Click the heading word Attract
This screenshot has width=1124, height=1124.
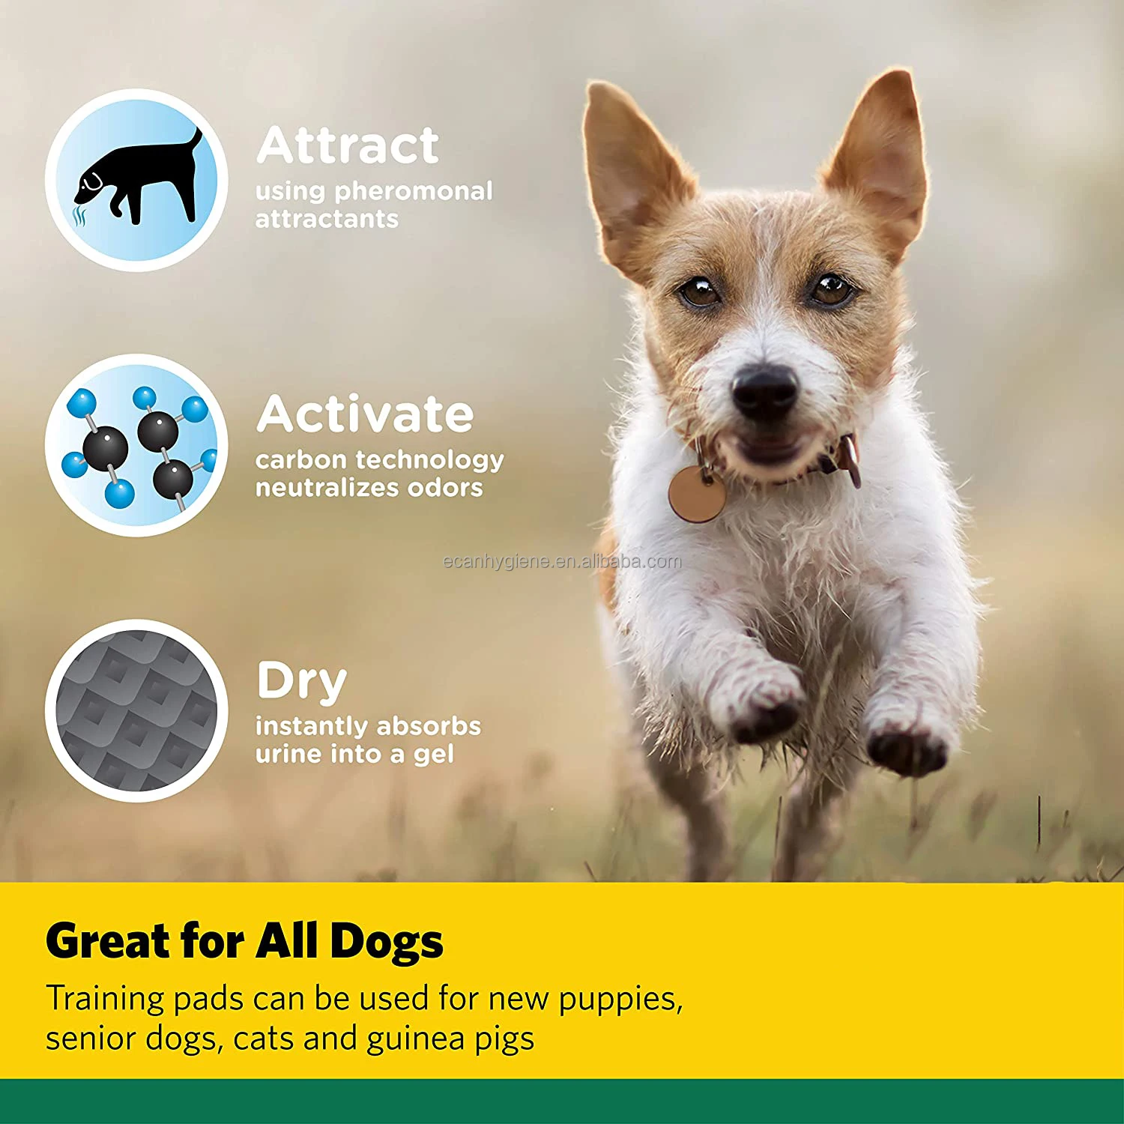point(348,145)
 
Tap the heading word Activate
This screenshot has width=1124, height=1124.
point(365,414)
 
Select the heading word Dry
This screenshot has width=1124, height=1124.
point(301,682)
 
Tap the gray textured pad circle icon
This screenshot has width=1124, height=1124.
point(136,710)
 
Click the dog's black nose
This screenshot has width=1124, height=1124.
point(764,390)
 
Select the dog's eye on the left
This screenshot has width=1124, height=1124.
point(699,291)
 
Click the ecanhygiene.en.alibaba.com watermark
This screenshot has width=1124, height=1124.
point(562,561)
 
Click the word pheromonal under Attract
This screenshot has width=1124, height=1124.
point(414,192)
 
